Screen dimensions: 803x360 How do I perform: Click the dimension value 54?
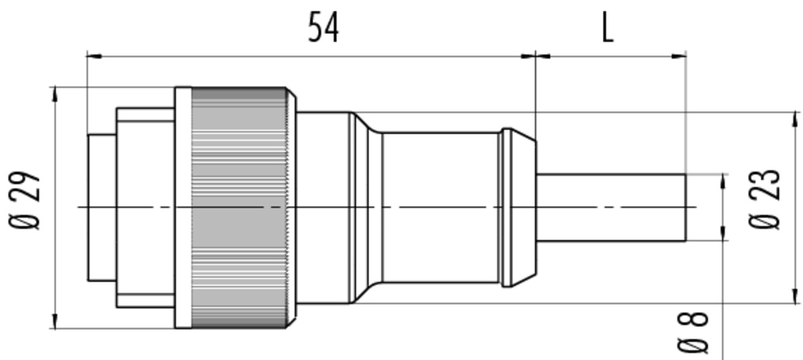pos(323,27)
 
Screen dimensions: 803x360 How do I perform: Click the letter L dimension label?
pos(608,27)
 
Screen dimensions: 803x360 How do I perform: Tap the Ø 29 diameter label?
pos(24,200)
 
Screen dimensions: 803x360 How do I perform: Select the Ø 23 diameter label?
pos(764,199)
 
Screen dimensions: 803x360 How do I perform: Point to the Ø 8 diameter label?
pos(693,333)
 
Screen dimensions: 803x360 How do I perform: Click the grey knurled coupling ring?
pos(239,207)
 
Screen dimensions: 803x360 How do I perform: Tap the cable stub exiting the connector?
pos(611,207)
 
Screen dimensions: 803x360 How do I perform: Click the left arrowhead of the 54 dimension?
pos(94,56)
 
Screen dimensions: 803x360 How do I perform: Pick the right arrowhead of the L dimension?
pos(679,56)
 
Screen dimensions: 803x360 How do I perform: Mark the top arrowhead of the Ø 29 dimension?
pos(55,94)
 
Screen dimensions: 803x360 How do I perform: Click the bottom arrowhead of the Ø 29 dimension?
pos(55,321)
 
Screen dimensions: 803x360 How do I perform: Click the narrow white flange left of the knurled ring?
pos(183,207)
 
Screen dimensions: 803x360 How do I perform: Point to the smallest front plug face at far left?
pos(102,207)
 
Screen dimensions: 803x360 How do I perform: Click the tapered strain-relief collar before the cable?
pos(519,207)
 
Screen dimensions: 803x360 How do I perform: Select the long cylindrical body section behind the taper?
pos(440,207)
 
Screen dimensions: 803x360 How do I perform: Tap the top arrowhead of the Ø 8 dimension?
pos(723,182)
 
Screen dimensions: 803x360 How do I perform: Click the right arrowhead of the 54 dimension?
pos(528,56)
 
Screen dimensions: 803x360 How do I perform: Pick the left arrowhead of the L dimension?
pos(543,56)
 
